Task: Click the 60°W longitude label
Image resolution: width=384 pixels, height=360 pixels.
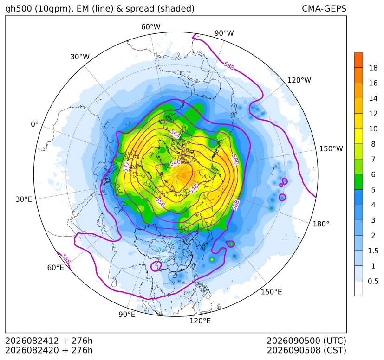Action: tap(150, 27)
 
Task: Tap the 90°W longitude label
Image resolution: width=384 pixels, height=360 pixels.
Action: tap(224, 33)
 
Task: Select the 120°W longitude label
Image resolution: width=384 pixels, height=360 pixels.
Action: tap(299, 80)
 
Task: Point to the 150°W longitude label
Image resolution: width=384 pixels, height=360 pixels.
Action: tap(331, 148)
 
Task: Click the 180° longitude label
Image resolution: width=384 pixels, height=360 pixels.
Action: tap(321, 224)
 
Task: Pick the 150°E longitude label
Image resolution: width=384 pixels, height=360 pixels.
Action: tap(271, 292)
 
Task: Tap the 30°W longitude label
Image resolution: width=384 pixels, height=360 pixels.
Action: tap(80, 57)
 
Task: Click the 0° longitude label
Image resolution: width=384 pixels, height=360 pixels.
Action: tap(34, 124)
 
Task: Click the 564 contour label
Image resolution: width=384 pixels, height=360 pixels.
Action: tap(175, 134)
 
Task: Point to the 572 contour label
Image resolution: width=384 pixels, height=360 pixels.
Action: tap(126, 167)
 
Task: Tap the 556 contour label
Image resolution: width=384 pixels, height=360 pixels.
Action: tap(160, 202)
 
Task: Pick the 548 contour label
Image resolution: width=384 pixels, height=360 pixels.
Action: tap(194, 189)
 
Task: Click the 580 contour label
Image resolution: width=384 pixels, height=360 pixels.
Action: tap(235, 160)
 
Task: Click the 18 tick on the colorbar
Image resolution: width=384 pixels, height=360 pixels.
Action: tap(373, 68)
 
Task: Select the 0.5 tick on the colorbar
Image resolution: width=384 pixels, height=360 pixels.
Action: tap(373, 281)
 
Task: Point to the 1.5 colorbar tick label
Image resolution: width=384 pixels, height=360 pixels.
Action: tap(373, 251)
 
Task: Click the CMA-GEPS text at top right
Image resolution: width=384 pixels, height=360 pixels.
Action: tap(324, 8)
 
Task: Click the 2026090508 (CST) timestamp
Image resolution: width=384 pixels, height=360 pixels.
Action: tap(306, 350)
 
